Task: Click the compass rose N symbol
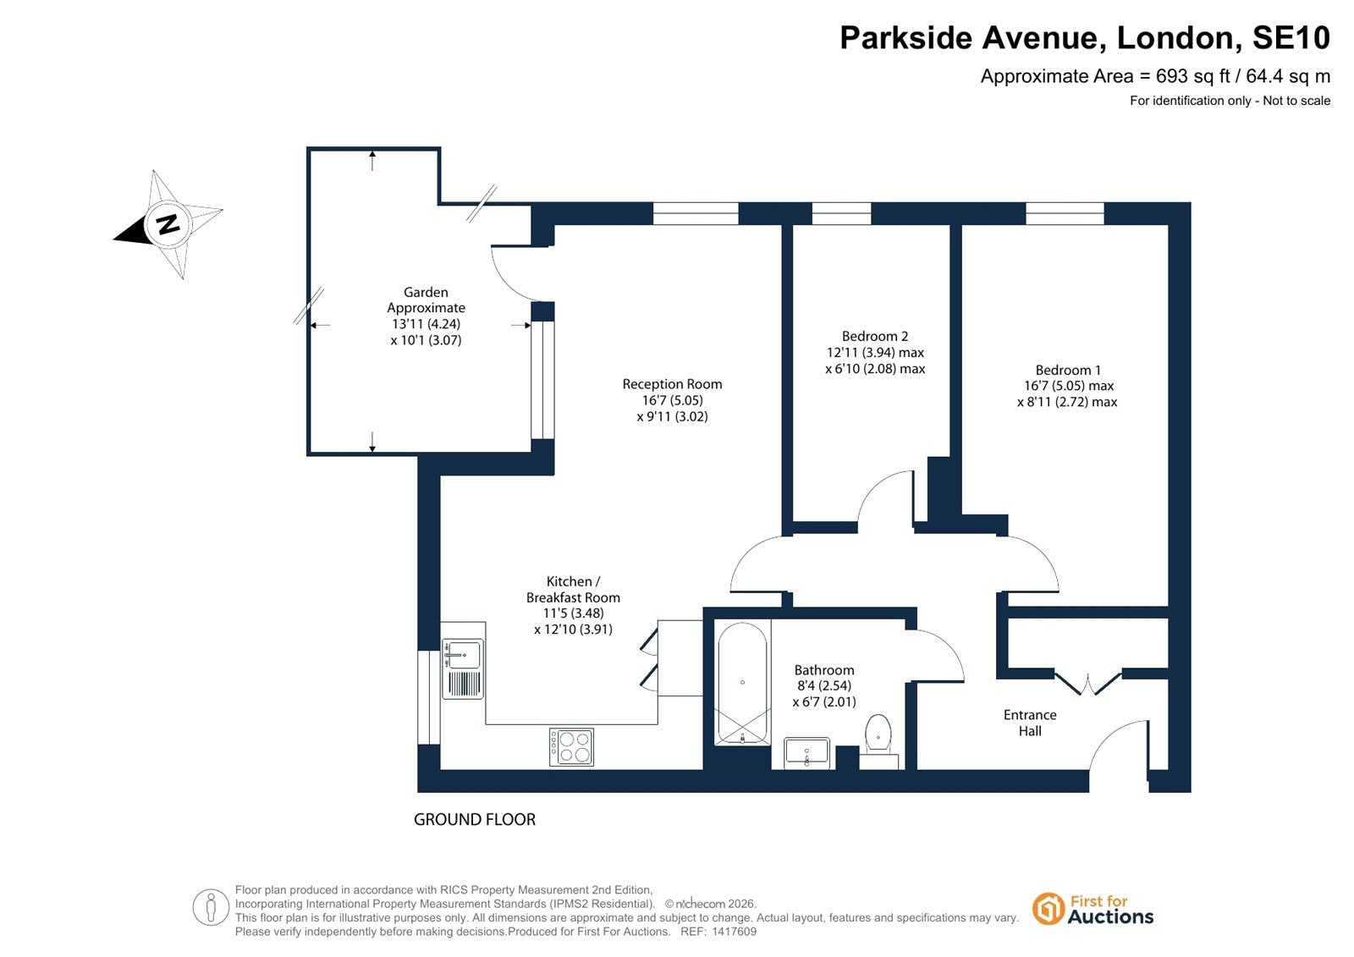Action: tap(168, 224)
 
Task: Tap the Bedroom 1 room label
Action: tap(1067, 370)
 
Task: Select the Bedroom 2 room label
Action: tap(875, 336)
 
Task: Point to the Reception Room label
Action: tap(672, 384)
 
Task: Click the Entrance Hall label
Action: tap(1030, 723)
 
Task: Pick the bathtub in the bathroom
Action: tap(742, 683)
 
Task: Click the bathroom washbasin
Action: tap(807, 753)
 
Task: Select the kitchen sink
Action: tap(463, 668)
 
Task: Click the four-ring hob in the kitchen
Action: tap(571, 746)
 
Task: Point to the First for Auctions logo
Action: tap(1093, 910)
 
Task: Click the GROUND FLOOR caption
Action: tap(475, 819)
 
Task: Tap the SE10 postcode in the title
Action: tap(1291, 37)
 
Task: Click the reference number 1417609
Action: tap(734, 932)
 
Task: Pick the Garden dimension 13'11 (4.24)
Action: tap(427, 324)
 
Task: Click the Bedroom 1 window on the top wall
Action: tap(1065, 213)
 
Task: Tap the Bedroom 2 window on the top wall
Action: tap(841, 213)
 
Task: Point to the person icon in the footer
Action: tap(211, 907)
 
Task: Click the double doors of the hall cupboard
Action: tap(1088, 682)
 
